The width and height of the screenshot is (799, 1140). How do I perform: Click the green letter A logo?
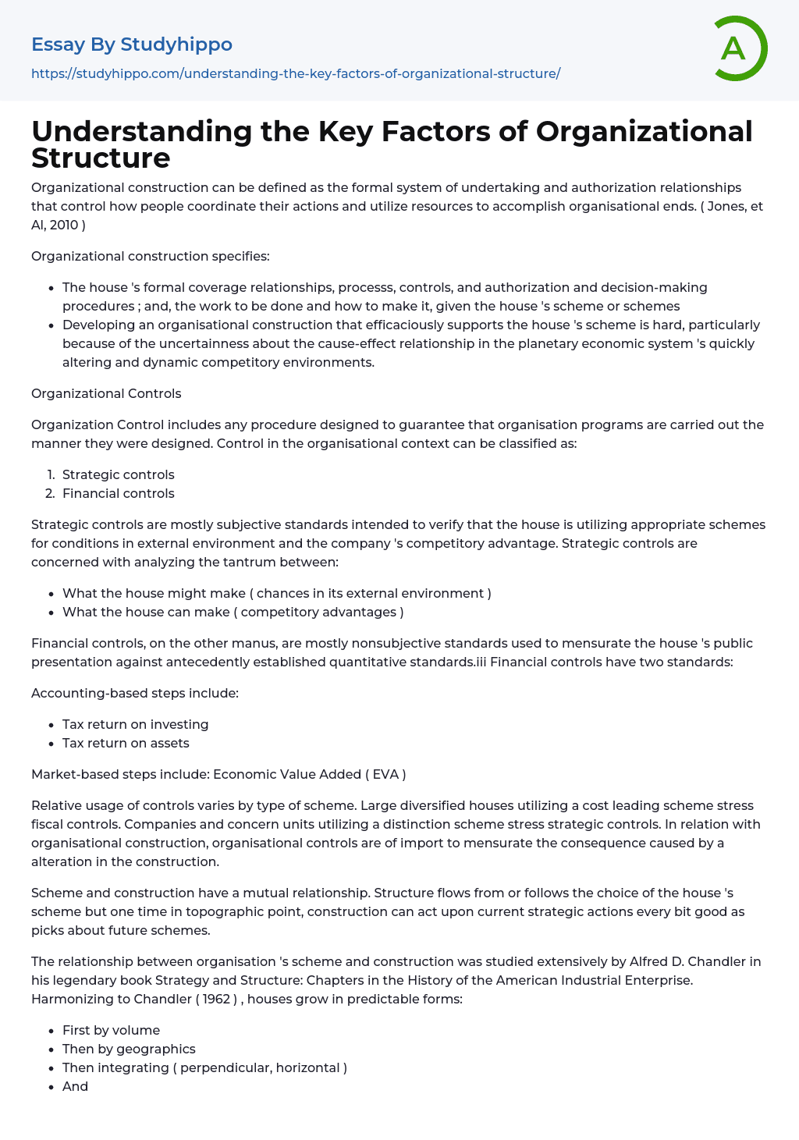tap(740, 48)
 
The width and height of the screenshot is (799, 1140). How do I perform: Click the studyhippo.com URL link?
tap(296, 73)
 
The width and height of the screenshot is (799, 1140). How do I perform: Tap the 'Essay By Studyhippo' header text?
tap(132, 44)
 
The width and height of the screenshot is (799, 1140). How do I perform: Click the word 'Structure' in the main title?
tap(101, 158)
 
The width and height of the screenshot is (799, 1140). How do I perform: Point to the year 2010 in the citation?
tap(64, 225)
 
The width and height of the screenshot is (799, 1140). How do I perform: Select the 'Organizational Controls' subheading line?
tap(106, 393)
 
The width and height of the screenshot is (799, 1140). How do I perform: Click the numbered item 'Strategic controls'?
tap(118, 474)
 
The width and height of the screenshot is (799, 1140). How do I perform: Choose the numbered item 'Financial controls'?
tap(118, 493)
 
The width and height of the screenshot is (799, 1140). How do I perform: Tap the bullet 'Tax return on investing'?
tap(135, 724)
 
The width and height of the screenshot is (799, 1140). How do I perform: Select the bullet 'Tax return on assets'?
tap(126, 743)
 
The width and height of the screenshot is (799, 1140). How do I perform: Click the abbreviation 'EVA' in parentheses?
tap(385, 774)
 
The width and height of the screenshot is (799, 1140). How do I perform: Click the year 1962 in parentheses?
tap(216, 999)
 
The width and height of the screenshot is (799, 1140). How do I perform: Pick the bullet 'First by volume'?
tap(111, 1030)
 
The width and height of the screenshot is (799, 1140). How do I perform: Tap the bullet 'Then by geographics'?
tap(129, 1049)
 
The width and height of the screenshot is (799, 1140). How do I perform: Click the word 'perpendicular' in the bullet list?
tap(225, 1067)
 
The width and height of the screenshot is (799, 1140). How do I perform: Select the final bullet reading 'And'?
tap(75, 1086)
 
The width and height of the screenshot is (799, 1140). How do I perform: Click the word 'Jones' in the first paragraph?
tap(726, 206)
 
